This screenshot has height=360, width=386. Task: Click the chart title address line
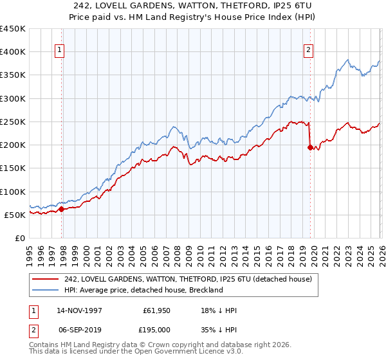coord(193,6)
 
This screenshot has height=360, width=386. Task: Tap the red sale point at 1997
coord(62,209)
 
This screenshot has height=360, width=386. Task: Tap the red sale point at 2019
coord(311,147)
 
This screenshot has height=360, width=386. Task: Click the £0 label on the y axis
coord(19,238)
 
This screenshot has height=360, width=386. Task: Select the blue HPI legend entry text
coord(143,290)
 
